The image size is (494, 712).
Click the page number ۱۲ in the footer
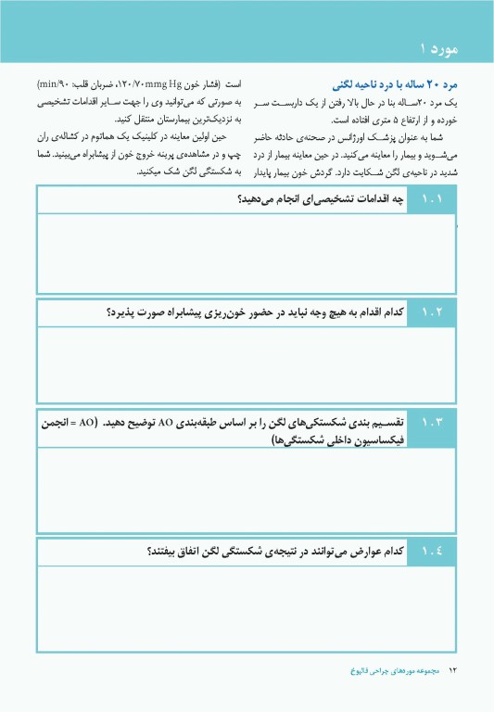click(453, 669)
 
